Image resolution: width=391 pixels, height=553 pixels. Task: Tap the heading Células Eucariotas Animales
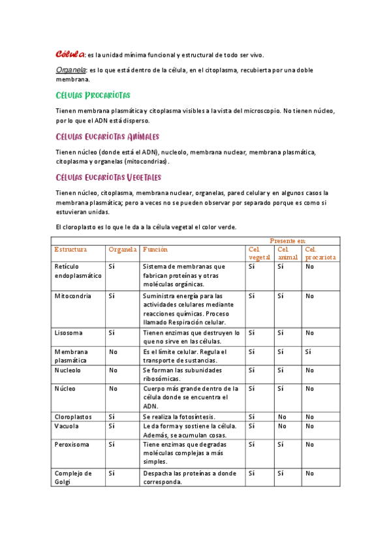108,137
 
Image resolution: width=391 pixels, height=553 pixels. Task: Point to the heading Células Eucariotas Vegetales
108,177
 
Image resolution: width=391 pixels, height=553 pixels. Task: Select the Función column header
155,249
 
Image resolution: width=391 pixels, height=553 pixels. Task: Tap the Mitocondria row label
73,296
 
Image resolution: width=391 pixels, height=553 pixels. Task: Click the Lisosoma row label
69,333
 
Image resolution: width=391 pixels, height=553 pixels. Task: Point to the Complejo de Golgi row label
73,477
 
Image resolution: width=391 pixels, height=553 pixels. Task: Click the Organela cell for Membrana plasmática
113,351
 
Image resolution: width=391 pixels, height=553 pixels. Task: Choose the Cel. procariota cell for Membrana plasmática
309,351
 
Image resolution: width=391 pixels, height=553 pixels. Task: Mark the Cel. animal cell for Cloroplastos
282,416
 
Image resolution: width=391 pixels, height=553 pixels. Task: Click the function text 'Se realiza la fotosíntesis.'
179,416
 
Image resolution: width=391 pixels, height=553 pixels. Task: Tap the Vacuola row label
67,426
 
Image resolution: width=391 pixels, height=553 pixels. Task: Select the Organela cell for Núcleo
113,388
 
